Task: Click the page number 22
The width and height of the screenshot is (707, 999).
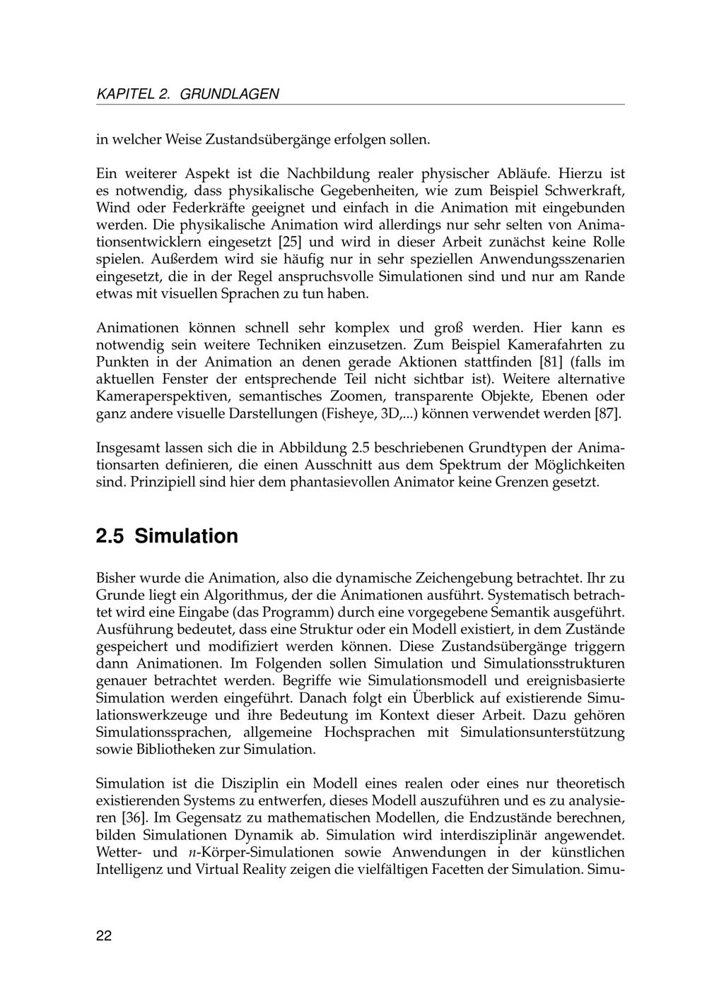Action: point(104,936)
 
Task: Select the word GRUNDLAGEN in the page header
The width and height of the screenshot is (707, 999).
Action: point(230,94)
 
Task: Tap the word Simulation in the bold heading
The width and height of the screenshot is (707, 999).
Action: point(187,536)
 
